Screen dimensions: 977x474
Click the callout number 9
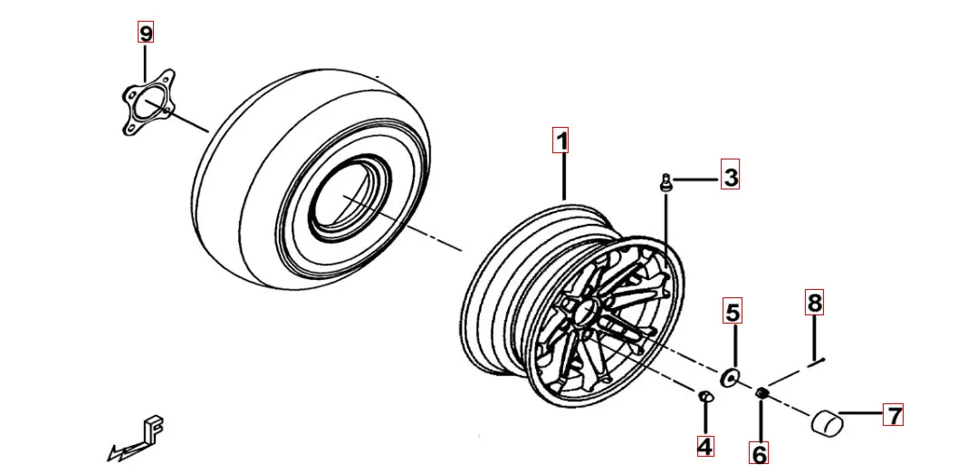click(145, 32)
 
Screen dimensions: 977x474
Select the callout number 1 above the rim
click(561, 140)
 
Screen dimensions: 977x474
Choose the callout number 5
click(733, 311)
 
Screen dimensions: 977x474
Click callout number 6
click(758, 453)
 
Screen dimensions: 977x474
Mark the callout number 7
click(893, 414)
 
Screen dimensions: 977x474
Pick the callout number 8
click(814, 303)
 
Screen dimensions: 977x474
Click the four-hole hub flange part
click(147, 104)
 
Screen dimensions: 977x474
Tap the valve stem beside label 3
click(665, 183)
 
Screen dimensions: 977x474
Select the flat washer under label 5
click(729, 377)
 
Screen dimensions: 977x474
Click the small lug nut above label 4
click(704, 396)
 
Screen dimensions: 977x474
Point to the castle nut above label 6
click(761, 393)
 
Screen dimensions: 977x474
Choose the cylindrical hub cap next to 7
click(826, 421)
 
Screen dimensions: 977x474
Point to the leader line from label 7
click(861, 413)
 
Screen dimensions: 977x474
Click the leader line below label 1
click(564, 177)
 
